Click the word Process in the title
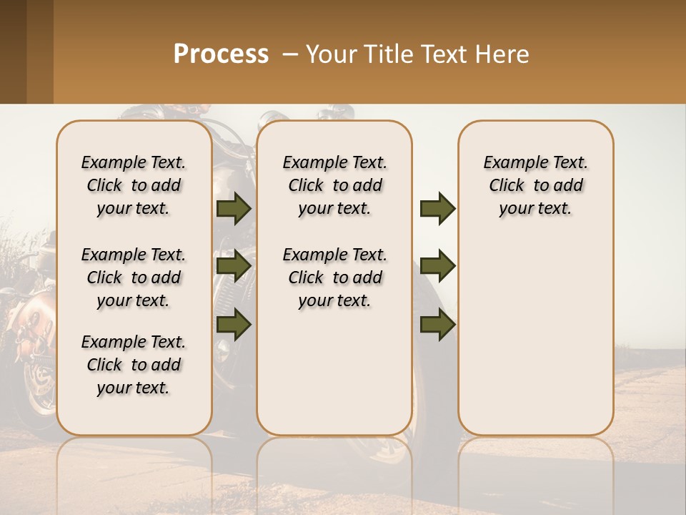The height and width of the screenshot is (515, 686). click(221, 54)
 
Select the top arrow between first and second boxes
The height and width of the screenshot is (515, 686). click(234, 209)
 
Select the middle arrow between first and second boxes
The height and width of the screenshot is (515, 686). click(234, 266)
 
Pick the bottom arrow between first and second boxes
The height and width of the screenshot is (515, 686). click(234, 325)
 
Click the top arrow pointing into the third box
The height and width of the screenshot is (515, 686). click(437, 209)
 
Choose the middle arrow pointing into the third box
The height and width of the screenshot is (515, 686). click(437, 266)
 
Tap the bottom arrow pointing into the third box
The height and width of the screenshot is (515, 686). click(437, 325)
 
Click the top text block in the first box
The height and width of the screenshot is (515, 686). click(134, 185)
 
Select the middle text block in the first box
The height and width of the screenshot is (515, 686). click(134, 278)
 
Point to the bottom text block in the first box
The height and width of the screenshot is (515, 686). click(134, 365)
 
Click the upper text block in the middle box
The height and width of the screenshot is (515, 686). click(334, 185)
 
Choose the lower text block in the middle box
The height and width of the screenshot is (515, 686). click(334, 278)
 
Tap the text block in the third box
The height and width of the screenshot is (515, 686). click(535, 185)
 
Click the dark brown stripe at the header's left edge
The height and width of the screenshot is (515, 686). click(13, 51)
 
